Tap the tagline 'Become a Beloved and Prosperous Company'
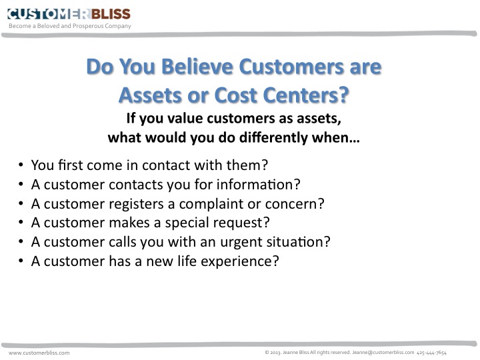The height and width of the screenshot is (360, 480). tap(69, 27)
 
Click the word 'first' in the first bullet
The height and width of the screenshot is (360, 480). tap(69, 163)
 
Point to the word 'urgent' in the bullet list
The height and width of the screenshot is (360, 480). tap(208, 241)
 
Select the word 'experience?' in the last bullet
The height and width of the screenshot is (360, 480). tap(241, 261)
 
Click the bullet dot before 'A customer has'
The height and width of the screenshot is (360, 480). tap(22, 261)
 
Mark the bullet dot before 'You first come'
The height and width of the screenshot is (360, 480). tap(22, 164)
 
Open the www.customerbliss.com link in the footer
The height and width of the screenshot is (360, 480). tap(39, 352)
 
